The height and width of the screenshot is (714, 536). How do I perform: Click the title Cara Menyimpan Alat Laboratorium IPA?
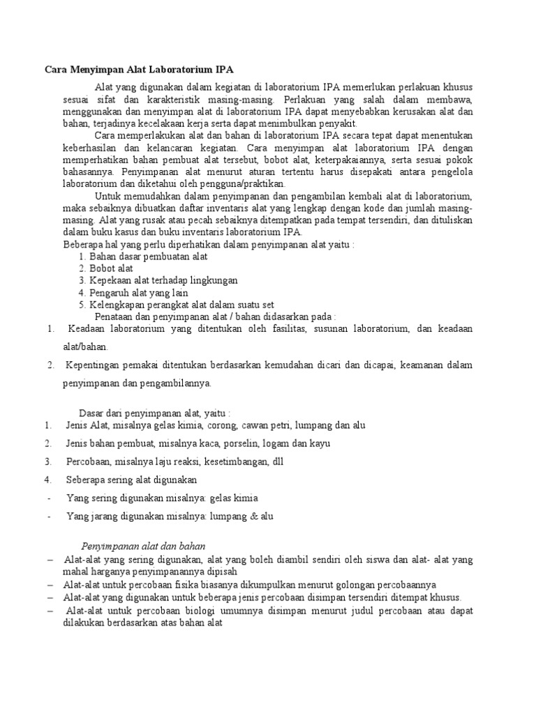tap(139, 70)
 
